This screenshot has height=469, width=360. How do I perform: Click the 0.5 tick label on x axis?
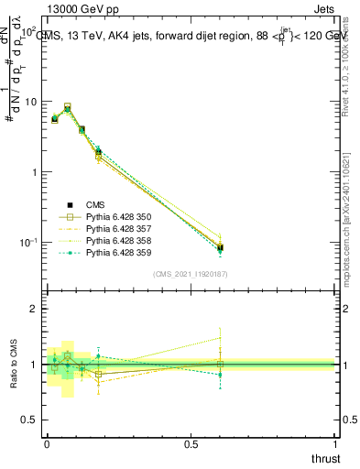(190, 443)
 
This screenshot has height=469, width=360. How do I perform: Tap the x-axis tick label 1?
(334, 443)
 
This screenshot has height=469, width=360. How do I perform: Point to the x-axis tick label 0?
(45, 443)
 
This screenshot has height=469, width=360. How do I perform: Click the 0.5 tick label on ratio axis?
(27, 420)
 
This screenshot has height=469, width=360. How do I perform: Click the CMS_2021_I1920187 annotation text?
(191, 274)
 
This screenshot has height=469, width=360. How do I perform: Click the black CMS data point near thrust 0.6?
(220, 246)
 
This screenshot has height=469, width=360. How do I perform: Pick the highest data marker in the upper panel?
(68, 107)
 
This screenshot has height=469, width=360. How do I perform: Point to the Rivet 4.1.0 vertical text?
(353, 69)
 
